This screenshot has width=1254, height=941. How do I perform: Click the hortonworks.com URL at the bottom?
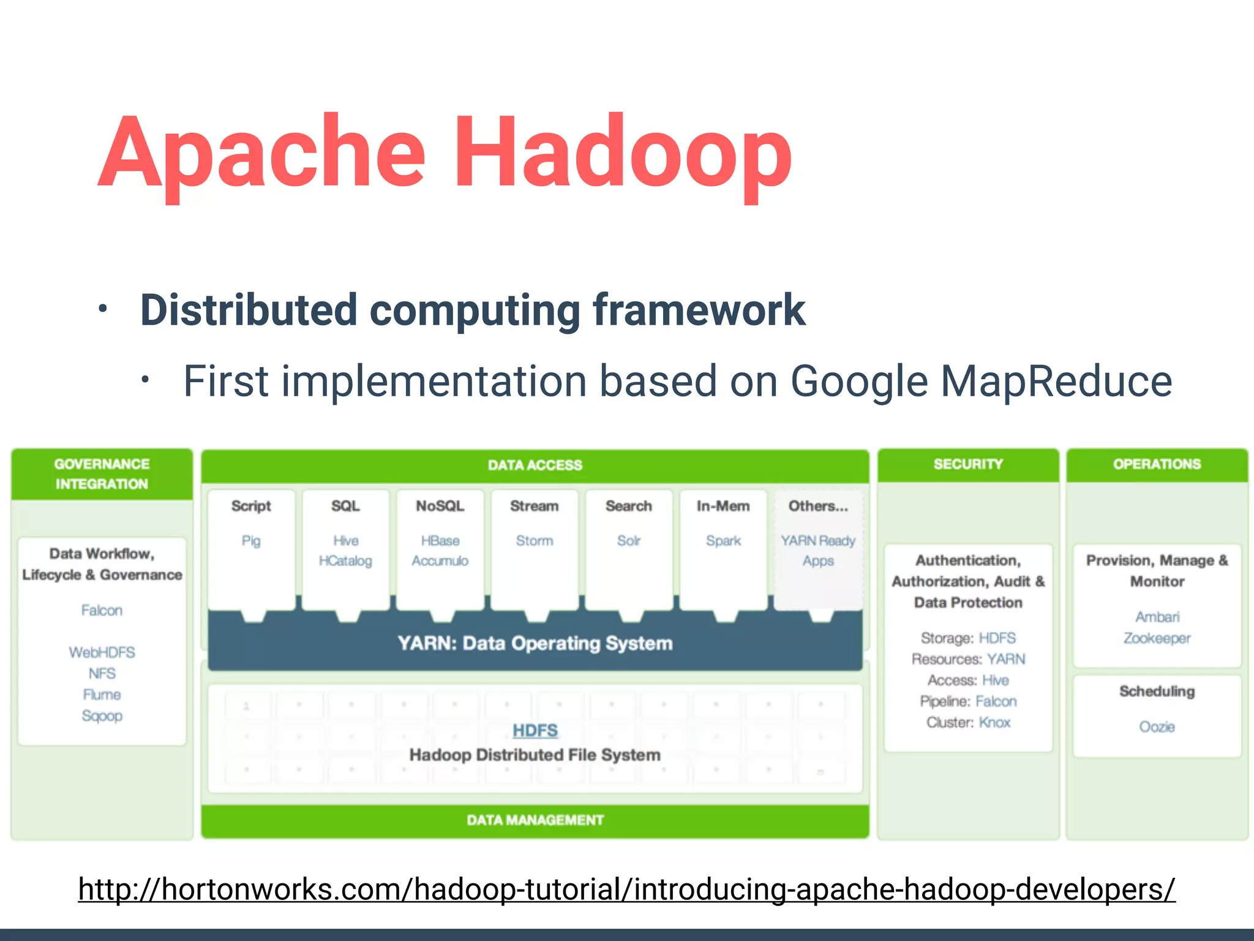point(626,889)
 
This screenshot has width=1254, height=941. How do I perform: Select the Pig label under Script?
point(251,540)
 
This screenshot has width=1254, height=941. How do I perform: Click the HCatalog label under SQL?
point(345,561)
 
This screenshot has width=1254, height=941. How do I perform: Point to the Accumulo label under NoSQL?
point(440,561)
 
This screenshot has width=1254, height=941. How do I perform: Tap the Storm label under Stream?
point(534,540)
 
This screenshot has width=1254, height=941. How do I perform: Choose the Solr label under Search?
point(629,540)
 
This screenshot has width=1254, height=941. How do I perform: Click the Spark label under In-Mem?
point(723,540)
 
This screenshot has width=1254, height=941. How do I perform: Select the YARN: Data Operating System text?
point(535,643)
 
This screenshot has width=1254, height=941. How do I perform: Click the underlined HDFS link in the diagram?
point(535,730)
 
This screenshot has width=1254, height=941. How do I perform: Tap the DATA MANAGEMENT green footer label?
point(535,820)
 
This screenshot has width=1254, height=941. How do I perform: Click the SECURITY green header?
point(968,464)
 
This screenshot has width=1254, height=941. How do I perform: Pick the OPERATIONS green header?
point(1157,464)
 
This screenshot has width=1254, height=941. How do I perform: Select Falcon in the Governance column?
point(102,610)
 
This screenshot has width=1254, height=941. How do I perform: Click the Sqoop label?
point(102,716)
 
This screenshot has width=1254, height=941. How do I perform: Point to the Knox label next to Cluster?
point(994,722)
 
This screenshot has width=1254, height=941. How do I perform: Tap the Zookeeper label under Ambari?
point(1157,638)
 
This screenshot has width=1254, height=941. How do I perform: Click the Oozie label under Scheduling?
point(1157,727)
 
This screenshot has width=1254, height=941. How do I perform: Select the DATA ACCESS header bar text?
point(535,465)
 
